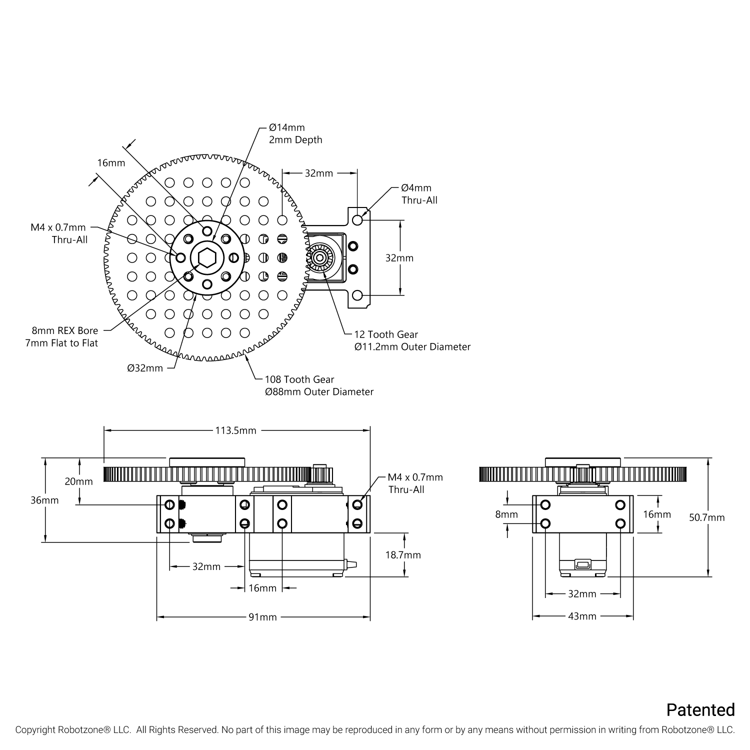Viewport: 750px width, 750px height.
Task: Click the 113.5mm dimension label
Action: (235, 430)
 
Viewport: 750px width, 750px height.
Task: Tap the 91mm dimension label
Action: (262, 617)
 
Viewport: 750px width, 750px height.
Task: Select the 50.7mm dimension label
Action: (707, 517)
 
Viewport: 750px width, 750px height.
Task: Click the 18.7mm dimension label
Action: (403, 555)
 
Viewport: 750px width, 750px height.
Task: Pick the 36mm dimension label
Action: (44, 500)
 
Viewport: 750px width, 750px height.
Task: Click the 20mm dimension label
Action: (78, 481)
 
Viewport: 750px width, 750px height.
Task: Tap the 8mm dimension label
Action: (506, 514)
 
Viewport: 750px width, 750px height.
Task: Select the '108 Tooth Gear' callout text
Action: (299, 379)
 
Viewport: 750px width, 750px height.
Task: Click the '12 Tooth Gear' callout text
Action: (386, 334)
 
